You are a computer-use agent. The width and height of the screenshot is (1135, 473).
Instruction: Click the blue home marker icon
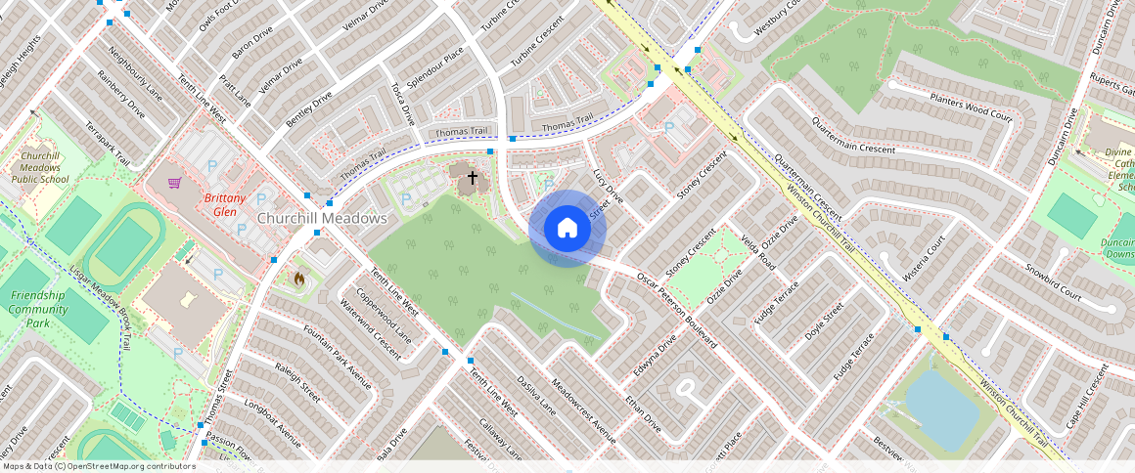[567, 229]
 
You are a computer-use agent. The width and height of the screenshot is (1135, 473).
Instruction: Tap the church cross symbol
[473, 178]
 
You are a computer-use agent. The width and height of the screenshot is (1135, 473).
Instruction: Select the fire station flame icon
[298, 279]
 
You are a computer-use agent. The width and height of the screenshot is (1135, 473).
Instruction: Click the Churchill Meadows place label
[322, 218]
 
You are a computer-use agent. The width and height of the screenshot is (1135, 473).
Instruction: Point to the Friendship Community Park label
[38, 309]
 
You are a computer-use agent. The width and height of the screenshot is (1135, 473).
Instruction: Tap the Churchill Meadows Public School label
[40, 167]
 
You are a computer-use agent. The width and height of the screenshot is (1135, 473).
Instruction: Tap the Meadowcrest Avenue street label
[583, 410]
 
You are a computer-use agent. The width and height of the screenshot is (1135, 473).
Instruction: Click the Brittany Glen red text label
[220, 204]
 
